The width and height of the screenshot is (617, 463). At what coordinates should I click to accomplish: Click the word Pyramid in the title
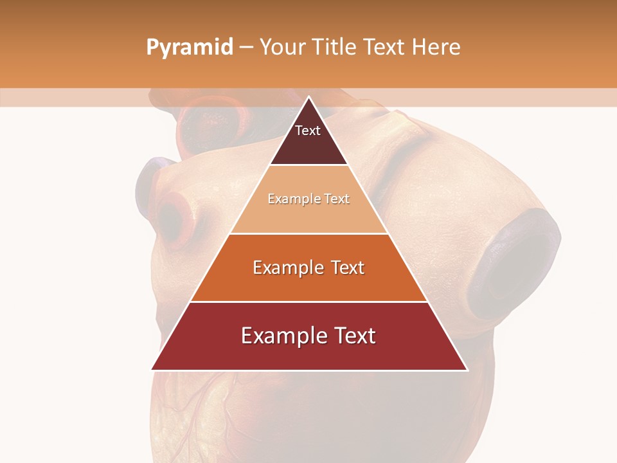[189, 48]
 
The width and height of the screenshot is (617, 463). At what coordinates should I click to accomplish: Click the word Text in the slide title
[386, 47]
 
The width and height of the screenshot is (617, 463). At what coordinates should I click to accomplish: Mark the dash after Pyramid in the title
[246, 48]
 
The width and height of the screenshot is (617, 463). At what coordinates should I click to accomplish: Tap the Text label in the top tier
[308, 131]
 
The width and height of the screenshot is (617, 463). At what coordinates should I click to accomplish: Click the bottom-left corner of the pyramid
[152, 370]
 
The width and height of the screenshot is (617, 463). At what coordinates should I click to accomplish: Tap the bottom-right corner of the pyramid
[467, 370]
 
